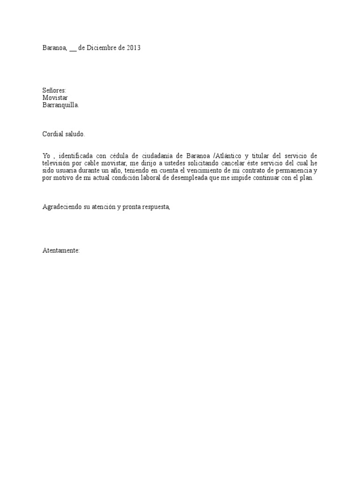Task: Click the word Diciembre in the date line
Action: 102,48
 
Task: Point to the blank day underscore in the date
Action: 73,49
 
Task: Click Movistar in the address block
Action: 55,97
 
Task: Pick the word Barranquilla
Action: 60,105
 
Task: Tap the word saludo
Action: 76,134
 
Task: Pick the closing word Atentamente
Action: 61,251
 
